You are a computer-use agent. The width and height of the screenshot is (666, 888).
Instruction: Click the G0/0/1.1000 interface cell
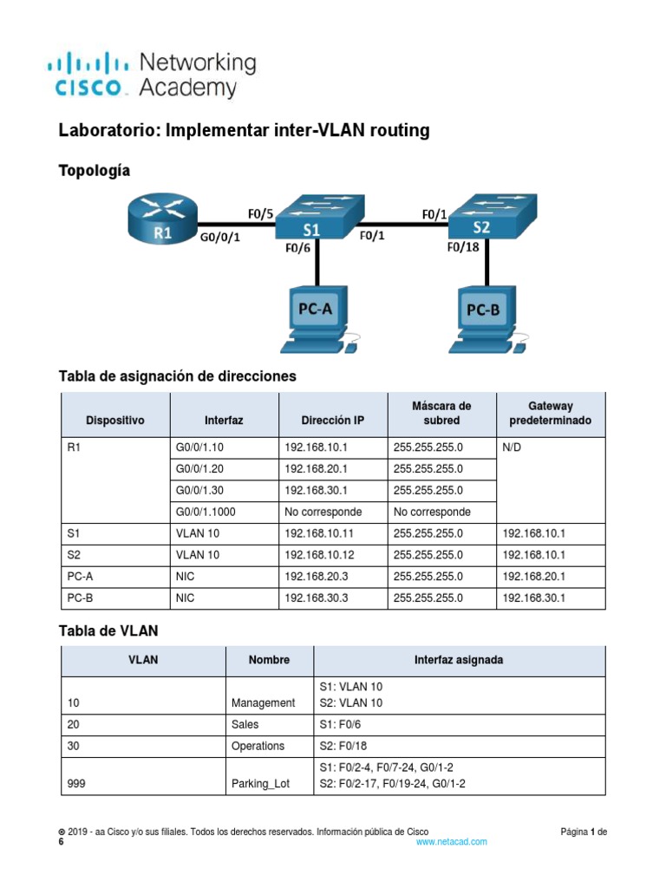[206, 512]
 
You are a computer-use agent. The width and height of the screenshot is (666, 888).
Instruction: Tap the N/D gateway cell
[513, 447]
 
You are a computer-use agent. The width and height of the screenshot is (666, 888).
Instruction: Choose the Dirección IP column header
[333, 421]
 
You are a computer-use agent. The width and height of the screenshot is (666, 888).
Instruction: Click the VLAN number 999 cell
[76, 785]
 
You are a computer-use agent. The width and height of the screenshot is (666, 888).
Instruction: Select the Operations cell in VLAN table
[258, 746]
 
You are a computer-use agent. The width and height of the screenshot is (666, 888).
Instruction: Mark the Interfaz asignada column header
[459, 660]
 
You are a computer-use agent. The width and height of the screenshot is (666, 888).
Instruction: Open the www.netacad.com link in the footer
[451, 841]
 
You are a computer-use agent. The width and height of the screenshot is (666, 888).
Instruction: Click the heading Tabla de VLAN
[108, 630]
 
